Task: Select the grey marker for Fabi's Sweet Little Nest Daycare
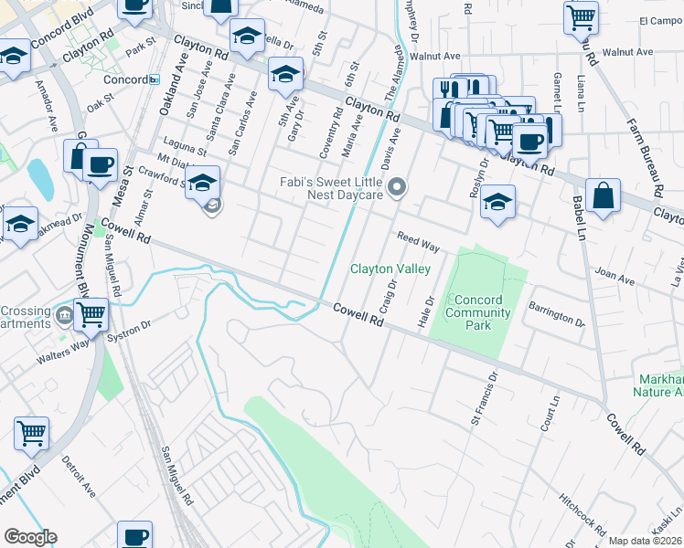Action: point(397,189)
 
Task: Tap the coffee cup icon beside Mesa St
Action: point(100,165)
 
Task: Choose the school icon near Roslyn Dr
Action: point(497,203)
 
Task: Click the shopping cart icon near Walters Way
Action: point(90,314)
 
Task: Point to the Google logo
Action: point(30,537)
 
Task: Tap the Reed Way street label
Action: point(418,242)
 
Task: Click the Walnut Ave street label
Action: point(441,56)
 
